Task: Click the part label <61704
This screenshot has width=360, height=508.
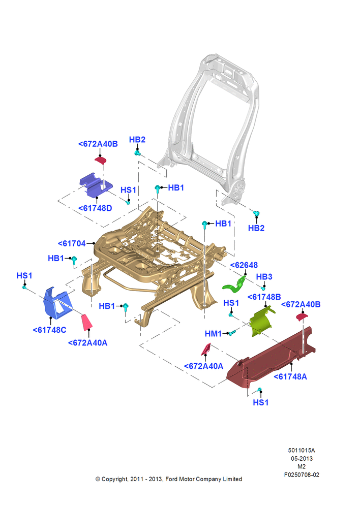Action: [72, 243]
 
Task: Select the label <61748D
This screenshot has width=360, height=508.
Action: [96, 208]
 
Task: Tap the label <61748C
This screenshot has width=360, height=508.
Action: [50, 330]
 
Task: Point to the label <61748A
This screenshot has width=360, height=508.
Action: [290, 376]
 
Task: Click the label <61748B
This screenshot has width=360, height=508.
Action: [264, 297]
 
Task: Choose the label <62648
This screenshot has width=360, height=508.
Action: [244, 265]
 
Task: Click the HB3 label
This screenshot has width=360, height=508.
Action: [264, 277]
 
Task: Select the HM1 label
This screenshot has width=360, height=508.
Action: [213, 333]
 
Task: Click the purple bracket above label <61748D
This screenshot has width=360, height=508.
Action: [96, 185]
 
